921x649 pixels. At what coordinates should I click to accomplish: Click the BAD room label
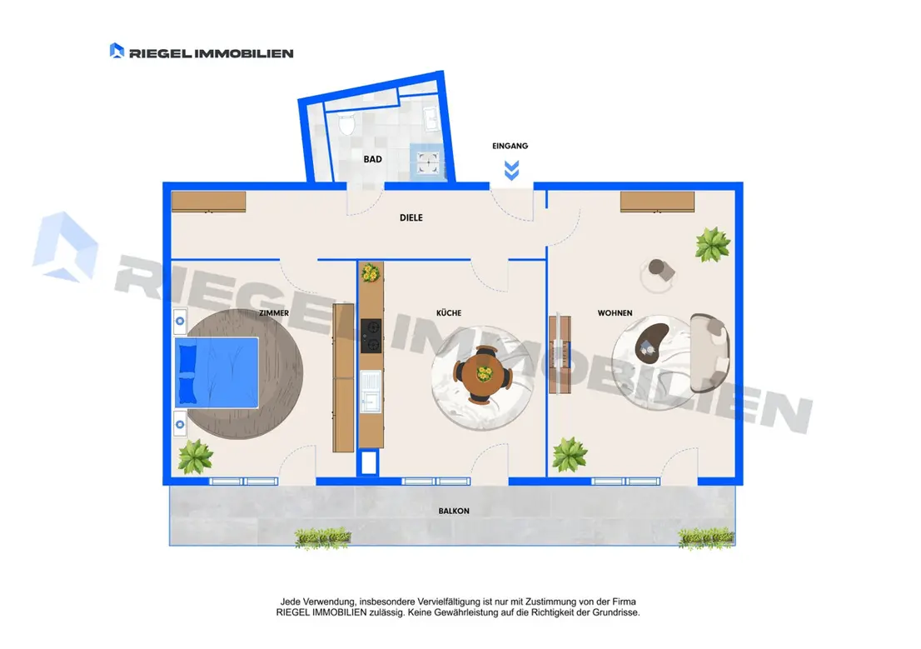(x=372, y=159)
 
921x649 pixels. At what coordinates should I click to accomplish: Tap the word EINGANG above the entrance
(x=510, y=146)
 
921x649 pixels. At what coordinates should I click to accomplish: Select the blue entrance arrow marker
(x=511, y=170)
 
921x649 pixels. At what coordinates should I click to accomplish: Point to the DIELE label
(x=411, y=217)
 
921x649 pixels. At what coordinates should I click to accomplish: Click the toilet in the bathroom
(x=347, y=125)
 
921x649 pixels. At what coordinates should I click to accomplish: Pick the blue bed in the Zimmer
(x=217, y=372)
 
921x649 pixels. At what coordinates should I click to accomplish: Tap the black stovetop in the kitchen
(x=371, y=336)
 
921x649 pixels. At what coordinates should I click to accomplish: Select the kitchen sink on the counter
(x=371, y=391)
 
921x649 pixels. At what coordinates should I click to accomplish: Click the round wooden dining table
(x=483, y=375)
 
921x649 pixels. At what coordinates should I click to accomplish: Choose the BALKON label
(x=454, y=511)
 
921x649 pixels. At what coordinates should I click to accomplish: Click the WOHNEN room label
(x=615, y=312)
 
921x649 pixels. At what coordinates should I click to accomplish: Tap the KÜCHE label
(x=449, y=312)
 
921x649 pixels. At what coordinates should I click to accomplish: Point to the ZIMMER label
(x=274, y=312)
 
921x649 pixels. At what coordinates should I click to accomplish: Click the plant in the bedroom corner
(x=195, y=457)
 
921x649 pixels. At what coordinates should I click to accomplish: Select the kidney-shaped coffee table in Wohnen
(x=651, y=342)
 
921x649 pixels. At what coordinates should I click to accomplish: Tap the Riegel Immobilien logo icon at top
(x=117, y=51)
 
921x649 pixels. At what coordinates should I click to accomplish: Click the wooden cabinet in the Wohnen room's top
(x=657, y=202)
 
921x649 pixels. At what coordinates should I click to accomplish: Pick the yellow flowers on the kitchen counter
(x=371, y=272)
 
